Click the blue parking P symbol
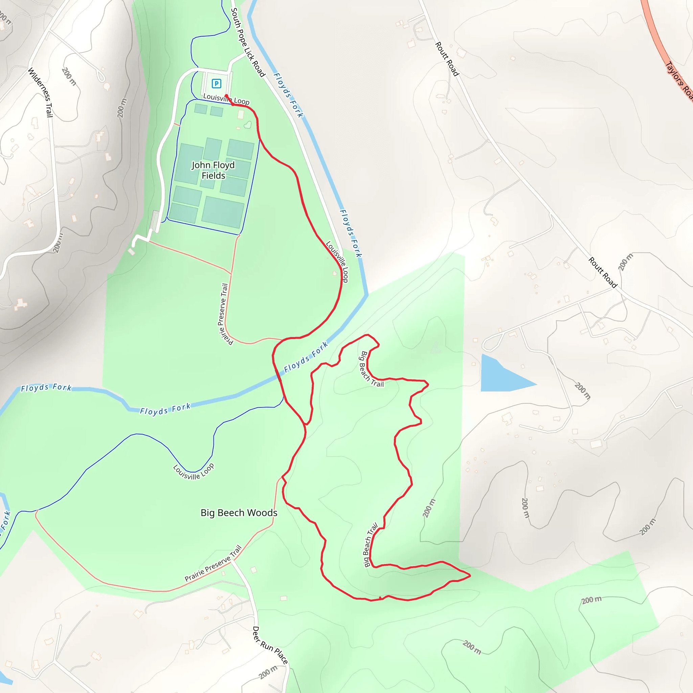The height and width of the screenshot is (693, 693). point(216,84)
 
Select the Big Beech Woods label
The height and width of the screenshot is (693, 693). point(239,513)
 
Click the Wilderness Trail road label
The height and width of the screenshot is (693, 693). point(41,92)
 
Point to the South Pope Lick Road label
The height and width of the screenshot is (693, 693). point(247,42)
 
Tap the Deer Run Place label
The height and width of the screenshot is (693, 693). point(270,645)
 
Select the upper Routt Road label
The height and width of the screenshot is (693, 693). point(447,59)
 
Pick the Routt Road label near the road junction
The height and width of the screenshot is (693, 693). point(603,272)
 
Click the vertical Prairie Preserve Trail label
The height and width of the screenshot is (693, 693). point(225,314)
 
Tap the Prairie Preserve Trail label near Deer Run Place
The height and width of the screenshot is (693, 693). point(213,563)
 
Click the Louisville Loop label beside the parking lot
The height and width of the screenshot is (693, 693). point(226,99)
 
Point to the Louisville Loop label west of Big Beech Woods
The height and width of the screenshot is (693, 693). point(194,472)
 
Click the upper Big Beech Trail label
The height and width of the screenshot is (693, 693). point(371,369)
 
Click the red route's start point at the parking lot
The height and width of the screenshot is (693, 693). point(226,95)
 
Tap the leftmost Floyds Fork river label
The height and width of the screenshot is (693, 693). point(46,388)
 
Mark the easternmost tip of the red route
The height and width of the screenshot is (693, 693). point(470,576)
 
